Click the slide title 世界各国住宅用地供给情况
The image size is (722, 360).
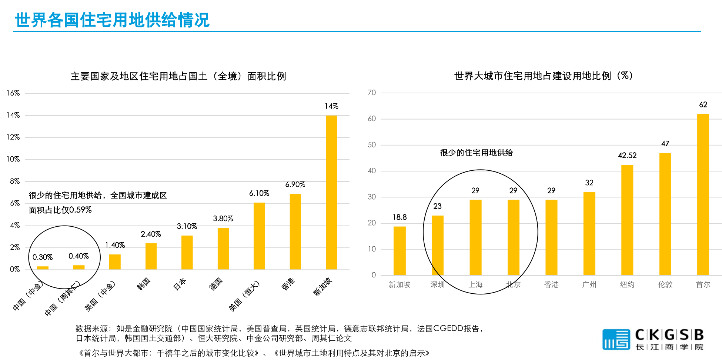tap(112, 20)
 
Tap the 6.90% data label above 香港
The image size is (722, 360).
tap(295, 184)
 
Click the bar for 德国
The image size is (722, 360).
tap(223, 249)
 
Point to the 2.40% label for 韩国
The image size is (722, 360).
tap(151, 234)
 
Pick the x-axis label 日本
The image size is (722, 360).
tap(180, 284)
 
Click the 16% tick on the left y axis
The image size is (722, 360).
tap(13, 93)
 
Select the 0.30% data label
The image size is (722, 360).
tap(43, 257)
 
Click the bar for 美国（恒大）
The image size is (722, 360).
tap(259, 236)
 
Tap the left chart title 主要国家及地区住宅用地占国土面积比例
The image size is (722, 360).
tap(178, 76)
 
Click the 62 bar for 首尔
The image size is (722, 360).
tap(703, 194)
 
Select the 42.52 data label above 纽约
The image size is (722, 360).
tap(627, 156)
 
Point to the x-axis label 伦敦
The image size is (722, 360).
tap(665, 284)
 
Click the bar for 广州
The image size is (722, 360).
tap(589, 233)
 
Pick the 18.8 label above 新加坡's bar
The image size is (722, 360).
tap(400, 217)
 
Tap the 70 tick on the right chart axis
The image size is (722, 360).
tap(372, 93)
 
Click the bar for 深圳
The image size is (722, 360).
tap(437, 245)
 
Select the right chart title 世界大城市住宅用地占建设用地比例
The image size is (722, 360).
tap(544, 76)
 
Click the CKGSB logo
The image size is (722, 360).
tap(653, 339)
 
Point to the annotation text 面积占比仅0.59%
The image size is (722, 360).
tap(60, 210)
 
